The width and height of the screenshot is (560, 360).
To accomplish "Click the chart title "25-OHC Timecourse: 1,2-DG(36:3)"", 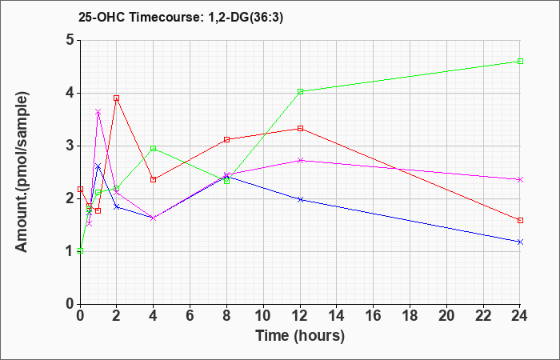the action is pos(181,17).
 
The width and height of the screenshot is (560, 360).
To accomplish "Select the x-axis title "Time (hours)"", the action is pos(300,336).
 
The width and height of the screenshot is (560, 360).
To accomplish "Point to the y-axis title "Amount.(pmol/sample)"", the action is pos(22,172).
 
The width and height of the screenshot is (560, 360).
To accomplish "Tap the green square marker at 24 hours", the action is pos(520,61).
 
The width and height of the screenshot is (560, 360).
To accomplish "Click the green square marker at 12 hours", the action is pos(300,91).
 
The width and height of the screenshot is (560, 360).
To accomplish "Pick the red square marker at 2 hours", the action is pos(117,98).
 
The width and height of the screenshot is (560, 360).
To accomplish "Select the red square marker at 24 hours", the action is pos(520,220).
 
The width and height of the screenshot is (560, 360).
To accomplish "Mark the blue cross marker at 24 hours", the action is pos(520,242).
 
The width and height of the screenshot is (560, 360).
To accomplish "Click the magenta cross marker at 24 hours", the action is pos(520,180).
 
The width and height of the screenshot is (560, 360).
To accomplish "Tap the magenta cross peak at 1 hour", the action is pos(98,112).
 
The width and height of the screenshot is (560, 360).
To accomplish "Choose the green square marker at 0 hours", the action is pos(80,250).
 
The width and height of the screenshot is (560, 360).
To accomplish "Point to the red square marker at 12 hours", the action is pos(300,128).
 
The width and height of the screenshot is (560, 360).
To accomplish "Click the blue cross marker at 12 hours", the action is pos(300,199).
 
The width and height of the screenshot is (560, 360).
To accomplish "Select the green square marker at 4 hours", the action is pos(154,148).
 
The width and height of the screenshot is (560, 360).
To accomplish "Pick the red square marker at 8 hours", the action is pos(226,139).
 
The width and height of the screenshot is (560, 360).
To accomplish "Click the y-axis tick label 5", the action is pos(70,40).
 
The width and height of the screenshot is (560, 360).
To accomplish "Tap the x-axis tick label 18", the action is pos(410,316).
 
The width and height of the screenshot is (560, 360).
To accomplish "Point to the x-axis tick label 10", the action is pos(263,316).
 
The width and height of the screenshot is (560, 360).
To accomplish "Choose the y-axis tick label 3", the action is pos(70,146).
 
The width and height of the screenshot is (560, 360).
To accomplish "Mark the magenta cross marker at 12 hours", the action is pos(300,160).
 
